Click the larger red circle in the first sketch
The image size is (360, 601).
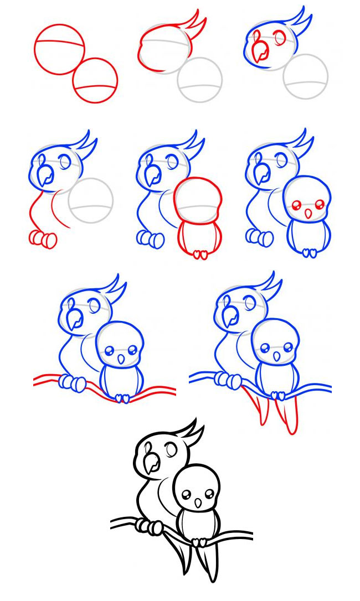(60, 49)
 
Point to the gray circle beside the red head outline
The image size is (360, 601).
(199, 81)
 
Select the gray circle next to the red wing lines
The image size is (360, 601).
(91, 200)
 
